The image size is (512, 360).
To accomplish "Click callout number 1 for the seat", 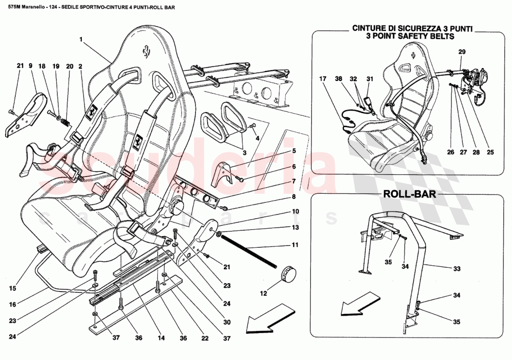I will pyautogui.click(x=81, y=40).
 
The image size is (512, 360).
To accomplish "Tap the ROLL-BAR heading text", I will pyautogui.click(x=409, y=194).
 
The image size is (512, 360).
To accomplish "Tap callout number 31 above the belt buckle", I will pyautogui.click(x=370, y=79).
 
